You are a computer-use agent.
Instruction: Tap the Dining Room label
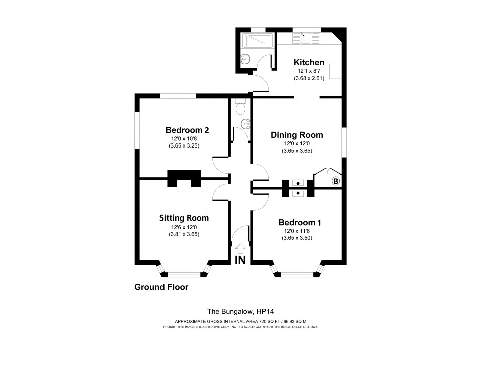pos(297,135)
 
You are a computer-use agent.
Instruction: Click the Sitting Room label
pos(184,218)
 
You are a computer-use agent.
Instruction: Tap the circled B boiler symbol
pos(336,181)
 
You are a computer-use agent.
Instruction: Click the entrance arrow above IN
pos(240,248)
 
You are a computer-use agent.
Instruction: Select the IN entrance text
pos(240,260)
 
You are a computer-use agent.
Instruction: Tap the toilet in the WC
pos(240,107)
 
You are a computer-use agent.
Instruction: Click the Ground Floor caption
pos(161,287)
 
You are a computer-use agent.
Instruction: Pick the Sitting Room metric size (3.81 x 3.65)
pos(184,234)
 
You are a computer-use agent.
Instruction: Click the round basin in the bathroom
pos(245,59)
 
